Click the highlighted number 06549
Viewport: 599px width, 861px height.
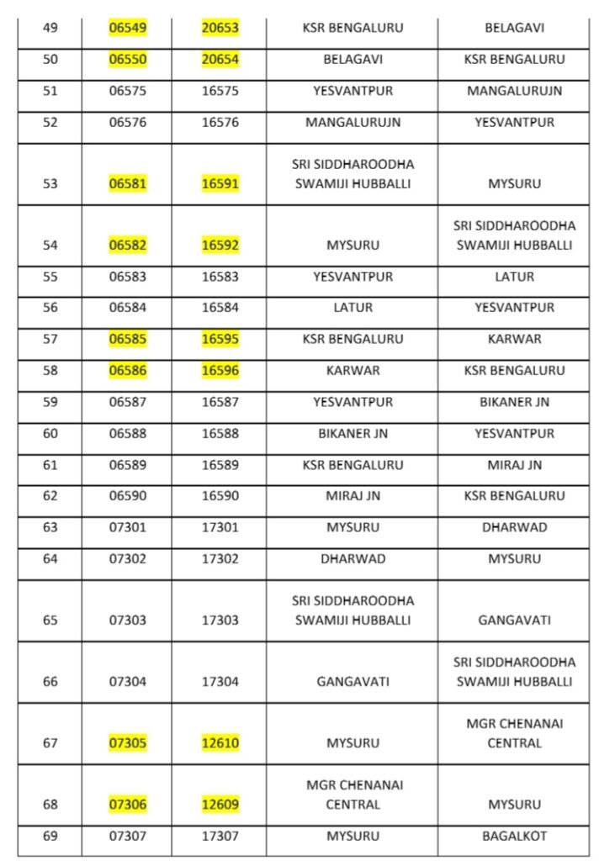[127, 28]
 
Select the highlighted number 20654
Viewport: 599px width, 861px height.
[220, 60]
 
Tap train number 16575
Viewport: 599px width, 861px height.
[220, 91]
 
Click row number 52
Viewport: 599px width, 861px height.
[50, 122]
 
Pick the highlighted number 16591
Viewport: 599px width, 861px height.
[220, 183]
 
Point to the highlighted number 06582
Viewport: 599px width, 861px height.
[127, 246]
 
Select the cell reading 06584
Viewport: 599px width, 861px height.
[127, 308]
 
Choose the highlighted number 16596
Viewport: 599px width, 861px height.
[220, 370]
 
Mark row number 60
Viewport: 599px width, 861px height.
[50, 433]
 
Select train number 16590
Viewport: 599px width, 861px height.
[220, 496]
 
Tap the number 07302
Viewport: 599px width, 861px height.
[127, 558]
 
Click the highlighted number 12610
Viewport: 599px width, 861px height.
[220, 743]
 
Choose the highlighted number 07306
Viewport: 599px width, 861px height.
[127, 805]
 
